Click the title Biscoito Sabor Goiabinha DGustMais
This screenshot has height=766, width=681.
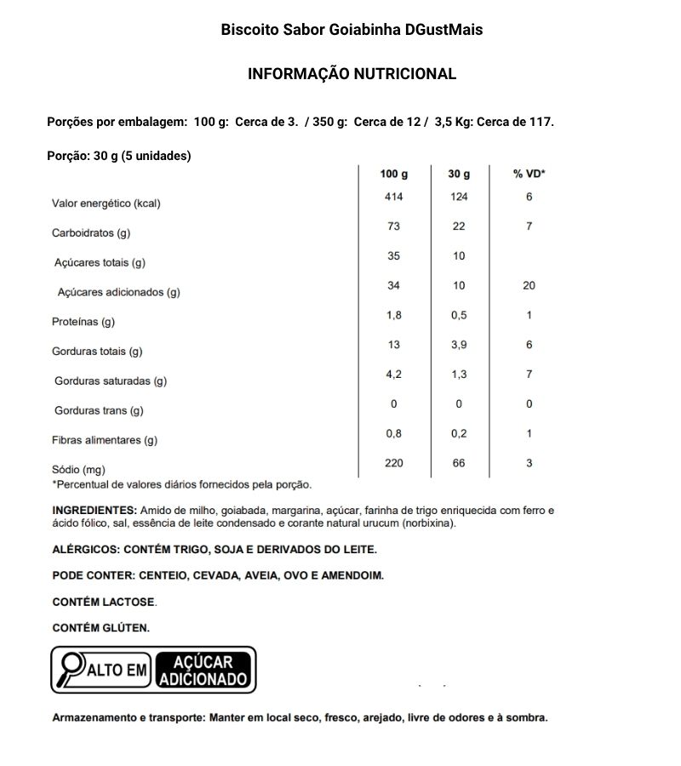352,30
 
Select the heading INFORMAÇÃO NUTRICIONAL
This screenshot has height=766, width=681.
352,74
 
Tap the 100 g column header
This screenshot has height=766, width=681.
393,174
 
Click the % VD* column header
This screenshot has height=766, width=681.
529,174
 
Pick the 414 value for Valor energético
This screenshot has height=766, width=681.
393,197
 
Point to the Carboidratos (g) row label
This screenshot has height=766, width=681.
91,232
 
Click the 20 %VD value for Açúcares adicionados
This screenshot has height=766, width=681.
529,286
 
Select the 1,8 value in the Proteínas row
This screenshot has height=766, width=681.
393,315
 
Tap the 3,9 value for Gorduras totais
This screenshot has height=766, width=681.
459,345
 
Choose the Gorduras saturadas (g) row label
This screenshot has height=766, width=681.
111,381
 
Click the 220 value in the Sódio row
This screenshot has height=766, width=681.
393,463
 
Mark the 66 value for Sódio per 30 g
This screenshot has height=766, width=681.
459,463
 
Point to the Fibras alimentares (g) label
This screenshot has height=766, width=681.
105,440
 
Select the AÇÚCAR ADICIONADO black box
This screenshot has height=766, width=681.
204,670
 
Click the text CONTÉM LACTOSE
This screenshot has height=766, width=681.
104,602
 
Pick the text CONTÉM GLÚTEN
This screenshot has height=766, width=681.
100,628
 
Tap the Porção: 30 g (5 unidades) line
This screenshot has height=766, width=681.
118,156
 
